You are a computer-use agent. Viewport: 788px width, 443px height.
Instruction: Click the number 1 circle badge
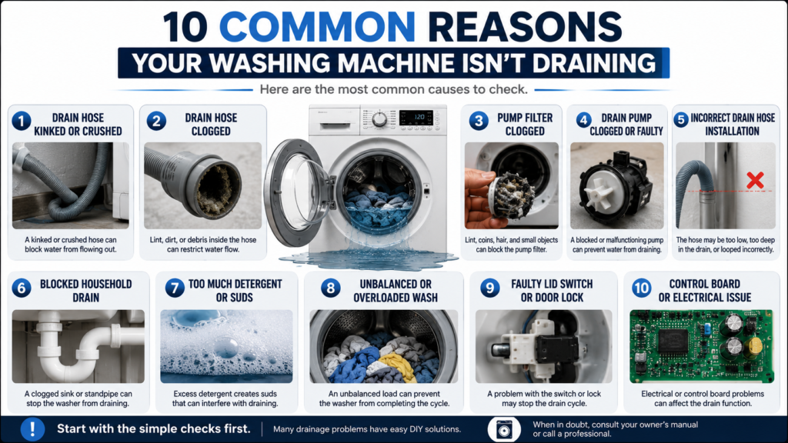(x=21, y=121)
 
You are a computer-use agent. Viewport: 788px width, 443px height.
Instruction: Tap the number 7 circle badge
(x=175, y=288)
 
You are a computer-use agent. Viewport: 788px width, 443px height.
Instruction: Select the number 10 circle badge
(x=641, y=288)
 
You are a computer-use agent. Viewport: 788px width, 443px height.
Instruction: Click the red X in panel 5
(x=755, y=180)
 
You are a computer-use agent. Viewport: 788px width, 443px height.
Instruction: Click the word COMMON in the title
(x=317, y=27)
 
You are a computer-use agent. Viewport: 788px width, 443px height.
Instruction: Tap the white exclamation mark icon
(x=32, y=429)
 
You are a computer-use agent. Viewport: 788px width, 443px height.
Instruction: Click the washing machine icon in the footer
(x=503, y=429)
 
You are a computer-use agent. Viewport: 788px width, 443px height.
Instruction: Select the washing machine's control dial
(x=379, y=119)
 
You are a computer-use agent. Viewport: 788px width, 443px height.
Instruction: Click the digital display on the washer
(x=416, y=117)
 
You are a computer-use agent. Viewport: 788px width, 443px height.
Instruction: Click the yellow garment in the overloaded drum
(x=398, y=365)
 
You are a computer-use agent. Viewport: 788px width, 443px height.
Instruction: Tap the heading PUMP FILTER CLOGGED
(x=525, y=124)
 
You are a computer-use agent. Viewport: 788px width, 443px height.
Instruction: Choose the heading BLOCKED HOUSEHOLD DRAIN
(x=86, y=291)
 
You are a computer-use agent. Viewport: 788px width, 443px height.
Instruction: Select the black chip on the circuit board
(x=673, y=341)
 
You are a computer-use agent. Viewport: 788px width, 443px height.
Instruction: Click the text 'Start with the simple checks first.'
(x=153, y=429)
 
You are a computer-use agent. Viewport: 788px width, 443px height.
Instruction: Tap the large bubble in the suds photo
(x=227, y=347)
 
